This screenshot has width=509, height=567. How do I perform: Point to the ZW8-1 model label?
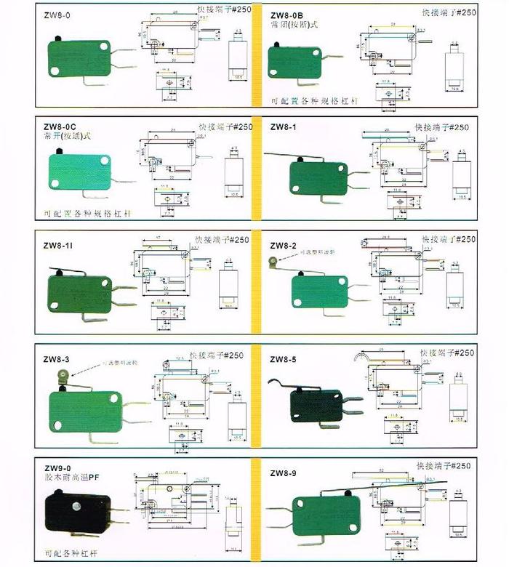[283, 127]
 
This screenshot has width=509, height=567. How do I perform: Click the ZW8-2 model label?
[283, 245]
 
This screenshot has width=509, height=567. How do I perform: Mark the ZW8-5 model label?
[283, 359]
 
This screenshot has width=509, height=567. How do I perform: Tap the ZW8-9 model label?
[283, 473]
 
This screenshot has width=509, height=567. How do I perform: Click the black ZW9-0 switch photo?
[77, 515]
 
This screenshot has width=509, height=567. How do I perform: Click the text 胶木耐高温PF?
[76, 478]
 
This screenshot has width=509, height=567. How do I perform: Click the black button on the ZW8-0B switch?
[278, 44]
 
